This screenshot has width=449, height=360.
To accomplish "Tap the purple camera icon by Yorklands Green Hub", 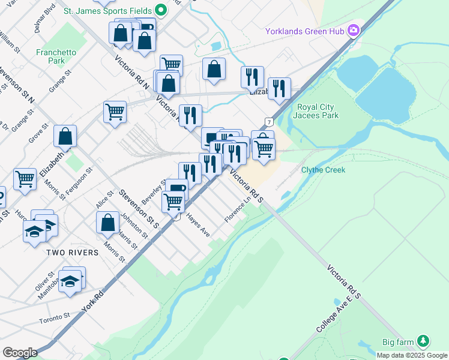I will click(x=354, y=30).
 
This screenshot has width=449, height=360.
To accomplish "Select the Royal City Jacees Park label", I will click(x=318, y=111).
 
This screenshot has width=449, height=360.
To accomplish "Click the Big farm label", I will click(x=398, y=342).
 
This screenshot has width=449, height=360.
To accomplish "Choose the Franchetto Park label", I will click(x=56, y=56).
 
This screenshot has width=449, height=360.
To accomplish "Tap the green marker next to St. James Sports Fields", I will click(x=160, y=10).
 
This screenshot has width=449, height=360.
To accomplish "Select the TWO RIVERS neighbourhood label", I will click(x=73, y=253).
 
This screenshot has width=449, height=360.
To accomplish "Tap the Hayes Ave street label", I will click(x=197, y=224).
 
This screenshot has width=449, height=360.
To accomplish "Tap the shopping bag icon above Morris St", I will click(x=107, y=223).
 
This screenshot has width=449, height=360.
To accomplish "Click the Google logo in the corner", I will click(x=20, y=353).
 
